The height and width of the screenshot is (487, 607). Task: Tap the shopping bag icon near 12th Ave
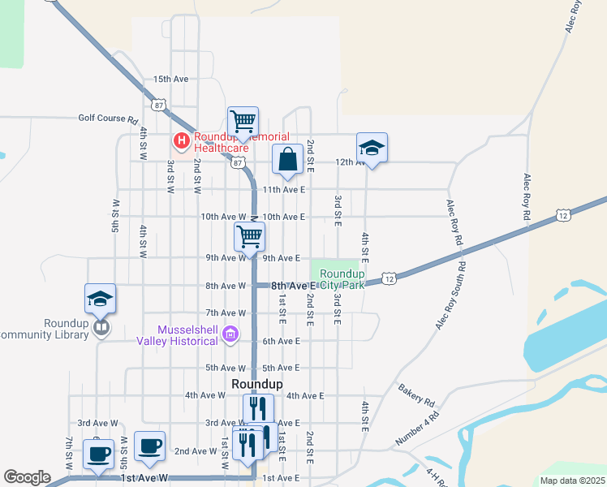(x=287, y=159)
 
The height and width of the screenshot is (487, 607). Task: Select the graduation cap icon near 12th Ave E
(x=372, y=148)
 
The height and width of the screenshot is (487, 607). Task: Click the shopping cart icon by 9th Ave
(x=249, y=236)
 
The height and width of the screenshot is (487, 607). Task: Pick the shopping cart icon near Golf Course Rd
(x=243, y=122)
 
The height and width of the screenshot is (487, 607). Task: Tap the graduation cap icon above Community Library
(x=100, y=298)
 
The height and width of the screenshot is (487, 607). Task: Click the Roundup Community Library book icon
(x=101, y=327)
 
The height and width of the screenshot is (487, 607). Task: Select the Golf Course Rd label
(x=108, y=119)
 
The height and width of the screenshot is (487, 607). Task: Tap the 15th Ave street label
(x=170, y=79)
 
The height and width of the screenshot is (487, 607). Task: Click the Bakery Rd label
(x=417, y=395)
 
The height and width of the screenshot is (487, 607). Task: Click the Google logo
(x=27, y=477)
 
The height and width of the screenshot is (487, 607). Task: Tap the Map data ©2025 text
(x=572, y=481)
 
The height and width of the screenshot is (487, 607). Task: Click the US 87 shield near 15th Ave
(x=158, y=105)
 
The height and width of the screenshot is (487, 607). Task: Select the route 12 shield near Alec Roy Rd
(x=563, y=215)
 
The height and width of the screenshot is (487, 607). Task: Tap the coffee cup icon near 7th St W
(x=99, y=455)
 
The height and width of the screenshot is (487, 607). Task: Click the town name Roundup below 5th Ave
(x=256, y=383)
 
